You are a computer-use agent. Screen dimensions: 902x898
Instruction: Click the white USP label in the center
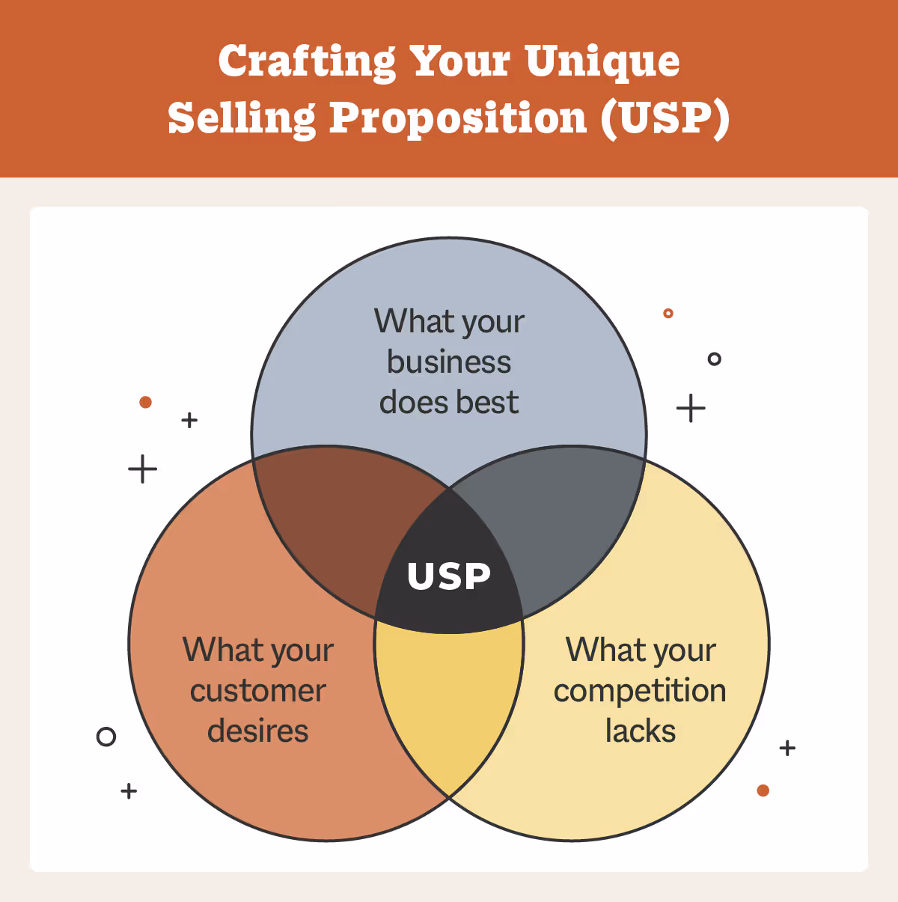click(449, 576)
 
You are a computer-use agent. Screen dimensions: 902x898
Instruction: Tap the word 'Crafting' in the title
click(307, 62)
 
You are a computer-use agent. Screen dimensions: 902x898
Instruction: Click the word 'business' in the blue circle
click(449, 362)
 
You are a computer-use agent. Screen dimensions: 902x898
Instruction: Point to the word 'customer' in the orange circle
click(258, 691)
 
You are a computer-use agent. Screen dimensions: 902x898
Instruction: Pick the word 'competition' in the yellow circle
click(640, 691)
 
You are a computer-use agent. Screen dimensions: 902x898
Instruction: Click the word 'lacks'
click(641, 731)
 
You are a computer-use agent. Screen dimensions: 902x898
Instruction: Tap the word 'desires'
click(258, 731)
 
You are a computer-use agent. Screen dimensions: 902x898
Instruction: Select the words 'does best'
click(449, 403)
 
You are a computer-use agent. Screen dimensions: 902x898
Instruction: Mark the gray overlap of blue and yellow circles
click(569, 516)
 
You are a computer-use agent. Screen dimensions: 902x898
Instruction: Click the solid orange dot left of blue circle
click(146, 403)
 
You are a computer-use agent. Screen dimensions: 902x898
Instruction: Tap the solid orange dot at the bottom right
click(763, 790)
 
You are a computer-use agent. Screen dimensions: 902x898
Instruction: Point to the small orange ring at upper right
click(668, 314)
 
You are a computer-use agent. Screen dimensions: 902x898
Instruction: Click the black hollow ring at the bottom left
click(106, 737)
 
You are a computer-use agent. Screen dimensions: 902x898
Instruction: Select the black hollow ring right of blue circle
click(715, 359)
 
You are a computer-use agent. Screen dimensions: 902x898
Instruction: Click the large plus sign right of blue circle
click(691, 409)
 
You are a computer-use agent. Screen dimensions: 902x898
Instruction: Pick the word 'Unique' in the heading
click(602, 62)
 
